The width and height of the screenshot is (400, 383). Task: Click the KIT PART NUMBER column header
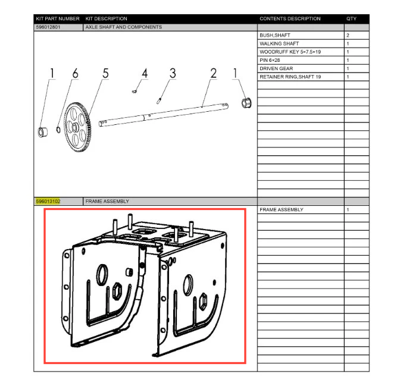click(58, 18)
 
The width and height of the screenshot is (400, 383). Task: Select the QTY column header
click(351, 18)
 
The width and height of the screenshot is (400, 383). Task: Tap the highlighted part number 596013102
click(48, 201)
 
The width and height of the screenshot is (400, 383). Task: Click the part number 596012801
click(48, 27)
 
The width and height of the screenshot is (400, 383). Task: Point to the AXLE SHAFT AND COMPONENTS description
click(123, 27)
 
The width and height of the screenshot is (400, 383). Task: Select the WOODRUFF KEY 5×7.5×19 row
click(290, 52)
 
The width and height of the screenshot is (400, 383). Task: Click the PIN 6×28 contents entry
click(270, 61)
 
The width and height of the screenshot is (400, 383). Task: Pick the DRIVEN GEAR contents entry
click(276, 68)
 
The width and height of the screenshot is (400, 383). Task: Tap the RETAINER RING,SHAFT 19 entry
click(290, 77)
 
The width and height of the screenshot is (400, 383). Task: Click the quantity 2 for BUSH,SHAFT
click(348, 36)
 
